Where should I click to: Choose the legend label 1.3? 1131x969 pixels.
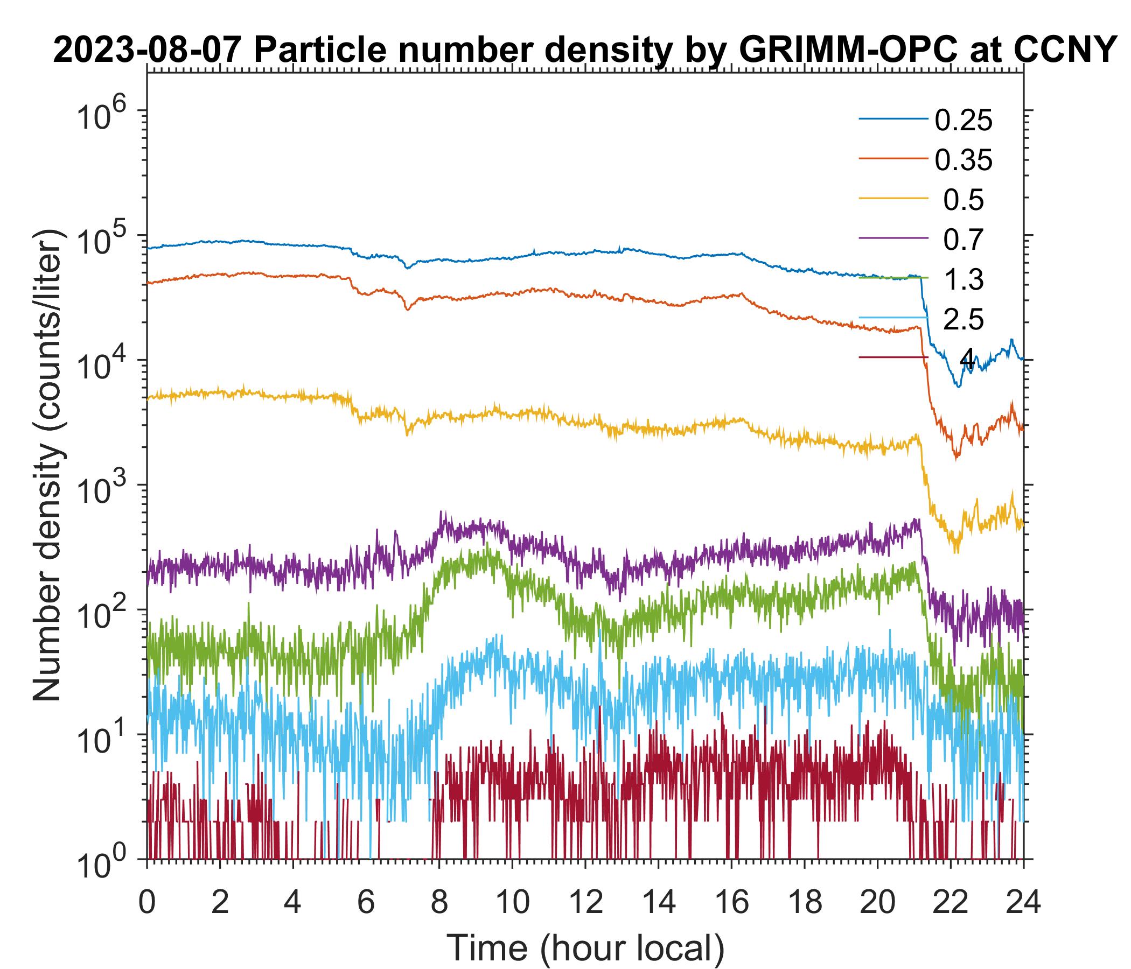964,279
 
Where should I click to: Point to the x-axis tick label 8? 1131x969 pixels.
439,903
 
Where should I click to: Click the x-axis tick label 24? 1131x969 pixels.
1023,903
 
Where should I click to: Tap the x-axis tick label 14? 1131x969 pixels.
658,903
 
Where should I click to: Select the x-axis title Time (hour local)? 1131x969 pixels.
586,948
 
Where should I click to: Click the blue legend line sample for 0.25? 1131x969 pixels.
893,119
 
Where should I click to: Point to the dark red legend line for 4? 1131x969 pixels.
893,357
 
